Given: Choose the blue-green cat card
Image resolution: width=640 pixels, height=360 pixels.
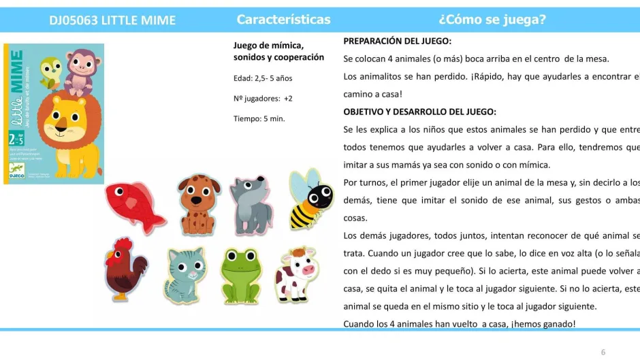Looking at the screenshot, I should coord(185,274).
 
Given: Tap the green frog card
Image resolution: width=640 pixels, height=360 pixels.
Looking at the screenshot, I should coord(242,274).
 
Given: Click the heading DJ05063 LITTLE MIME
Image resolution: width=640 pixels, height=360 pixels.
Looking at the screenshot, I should coord(112,20).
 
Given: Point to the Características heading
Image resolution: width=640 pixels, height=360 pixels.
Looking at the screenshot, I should coord(284,20).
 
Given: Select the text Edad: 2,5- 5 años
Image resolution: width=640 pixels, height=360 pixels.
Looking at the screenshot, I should coord(263,78).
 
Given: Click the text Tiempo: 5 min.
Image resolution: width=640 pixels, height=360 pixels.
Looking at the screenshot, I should coord(259,118).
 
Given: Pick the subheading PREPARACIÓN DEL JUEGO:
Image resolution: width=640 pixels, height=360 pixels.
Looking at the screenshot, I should coord(398,41).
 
